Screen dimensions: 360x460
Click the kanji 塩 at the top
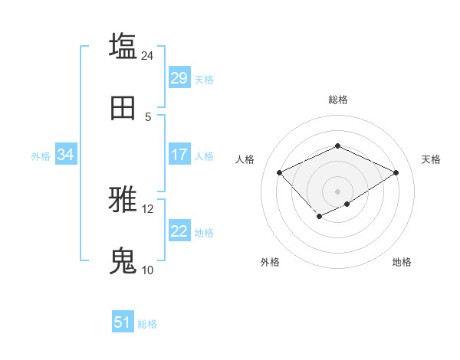(123, 46)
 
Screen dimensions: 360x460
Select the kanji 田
(123, 109)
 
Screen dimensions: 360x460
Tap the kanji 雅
(123, 201)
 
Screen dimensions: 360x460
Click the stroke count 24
(147, 55)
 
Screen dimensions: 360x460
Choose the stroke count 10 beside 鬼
(147, 270)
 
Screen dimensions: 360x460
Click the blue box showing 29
(179, 78)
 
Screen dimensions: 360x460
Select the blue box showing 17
(179, 155)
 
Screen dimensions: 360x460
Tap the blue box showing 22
(179, 231)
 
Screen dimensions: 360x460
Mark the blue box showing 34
(66, 155)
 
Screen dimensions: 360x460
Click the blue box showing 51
(123, 322)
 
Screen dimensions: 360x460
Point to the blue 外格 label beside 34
(41, 155)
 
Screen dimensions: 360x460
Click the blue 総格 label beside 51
(147, 324)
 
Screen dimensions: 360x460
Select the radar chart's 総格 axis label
(337, 100)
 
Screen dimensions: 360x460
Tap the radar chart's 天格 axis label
(431, 159)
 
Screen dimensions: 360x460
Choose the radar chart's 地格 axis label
(402, 262)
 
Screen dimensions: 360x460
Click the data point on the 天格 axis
(396, 172)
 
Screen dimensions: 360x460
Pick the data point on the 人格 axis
(280, 172)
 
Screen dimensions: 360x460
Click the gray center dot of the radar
(337, 191)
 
